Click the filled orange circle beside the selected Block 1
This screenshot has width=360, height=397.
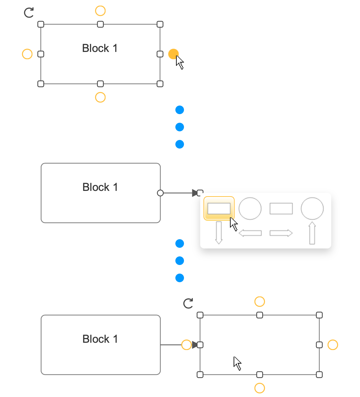pos(173,54)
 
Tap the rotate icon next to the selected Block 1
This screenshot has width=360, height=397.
pos(29,13)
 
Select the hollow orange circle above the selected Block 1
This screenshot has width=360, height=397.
pos(100,11)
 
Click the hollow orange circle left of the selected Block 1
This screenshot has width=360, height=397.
pos(27,54)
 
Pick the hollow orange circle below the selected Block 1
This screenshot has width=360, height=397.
pos(100,97)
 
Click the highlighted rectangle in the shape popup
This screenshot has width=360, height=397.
pos(219,208)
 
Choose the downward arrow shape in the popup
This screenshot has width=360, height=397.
pos(219,233)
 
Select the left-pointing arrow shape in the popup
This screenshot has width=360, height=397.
pos(250,233)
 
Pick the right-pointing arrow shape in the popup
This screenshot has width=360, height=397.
pos(281,233)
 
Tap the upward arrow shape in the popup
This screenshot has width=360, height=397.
pos(312,233)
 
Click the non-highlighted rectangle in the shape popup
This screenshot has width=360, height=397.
pos(281,209)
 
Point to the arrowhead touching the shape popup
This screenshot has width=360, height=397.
pos(195,193)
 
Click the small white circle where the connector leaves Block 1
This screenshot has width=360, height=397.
pos(160,193)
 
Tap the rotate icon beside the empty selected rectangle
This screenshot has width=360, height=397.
pos(188,303)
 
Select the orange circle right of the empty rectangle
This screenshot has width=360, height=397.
pos(333,345)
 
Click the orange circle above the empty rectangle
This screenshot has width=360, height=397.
pos(260,302)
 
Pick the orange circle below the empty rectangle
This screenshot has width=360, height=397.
pos(260,388)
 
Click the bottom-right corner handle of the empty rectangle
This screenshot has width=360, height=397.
pos(319,375)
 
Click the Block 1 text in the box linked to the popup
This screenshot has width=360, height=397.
pos(100,187)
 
